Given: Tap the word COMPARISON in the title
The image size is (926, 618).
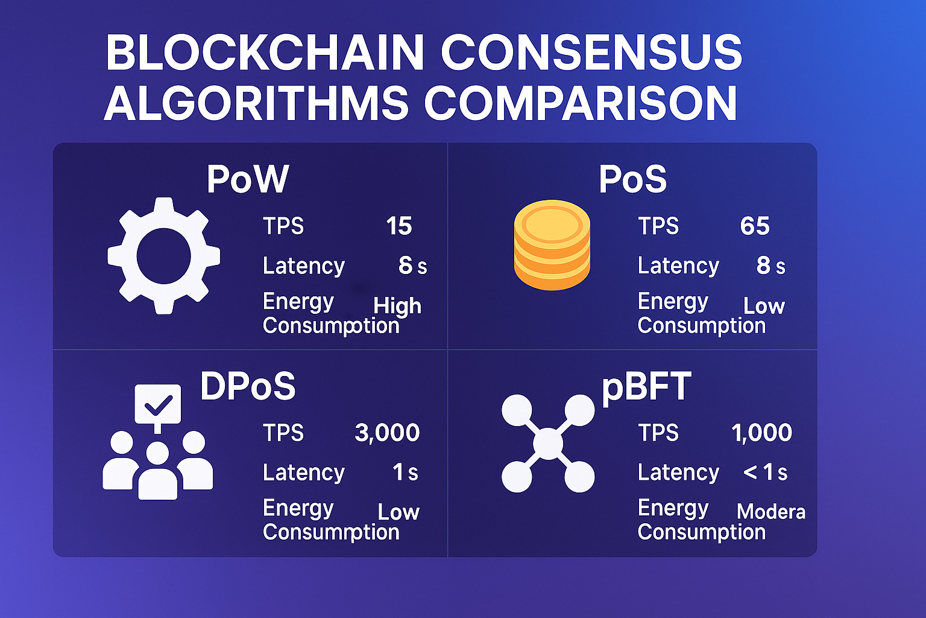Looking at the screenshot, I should (x=580, y=104).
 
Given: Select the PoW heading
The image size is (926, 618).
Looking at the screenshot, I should (x=248, y=179).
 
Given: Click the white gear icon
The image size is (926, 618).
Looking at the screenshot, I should (x=163, y=256).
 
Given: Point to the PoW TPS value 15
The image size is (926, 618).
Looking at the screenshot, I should (x=398, y=226).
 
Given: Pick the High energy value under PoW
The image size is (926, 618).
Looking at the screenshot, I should (x=397, y=306).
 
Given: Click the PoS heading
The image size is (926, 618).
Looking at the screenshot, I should (x=632, y=179).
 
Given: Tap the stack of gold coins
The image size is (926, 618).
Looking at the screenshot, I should (x=552, y=244).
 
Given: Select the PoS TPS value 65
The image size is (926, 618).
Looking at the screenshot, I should (x=755, y=226).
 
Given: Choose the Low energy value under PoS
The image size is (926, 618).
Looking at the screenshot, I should (x=764, y=307).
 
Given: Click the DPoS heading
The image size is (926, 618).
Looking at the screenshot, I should (x=248, y=386).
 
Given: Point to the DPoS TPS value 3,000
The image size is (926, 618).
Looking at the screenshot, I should (x=387, y=433).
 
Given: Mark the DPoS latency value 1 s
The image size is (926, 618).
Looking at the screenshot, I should (x=405, y=473).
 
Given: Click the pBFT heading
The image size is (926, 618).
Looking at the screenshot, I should (x=646, y=387).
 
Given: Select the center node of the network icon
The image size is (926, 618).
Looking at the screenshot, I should (x=548, y=444).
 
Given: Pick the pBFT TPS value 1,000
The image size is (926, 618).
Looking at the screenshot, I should (x=761, y=433).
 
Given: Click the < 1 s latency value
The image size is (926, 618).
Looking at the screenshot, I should (x=765, y=473).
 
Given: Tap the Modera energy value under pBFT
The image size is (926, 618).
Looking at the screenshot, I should (x=771, y=512).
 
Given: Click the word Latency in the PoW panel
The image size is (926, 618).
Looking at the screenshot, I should (x=304, y=266).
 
